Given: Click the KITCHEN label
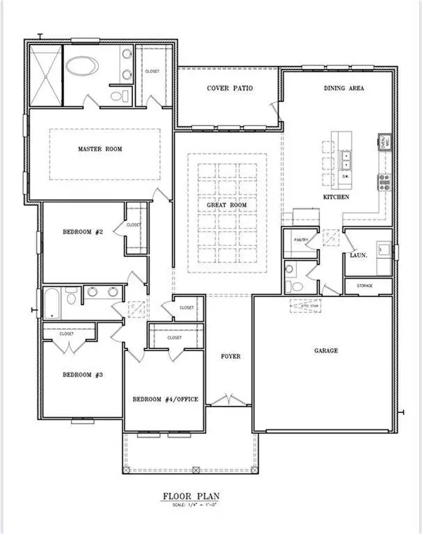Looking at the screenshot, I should (335, 198).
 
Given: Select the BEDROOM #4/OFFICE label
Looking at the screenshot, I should (165, 400).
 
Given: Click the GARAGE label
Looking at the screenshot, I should (326, 350).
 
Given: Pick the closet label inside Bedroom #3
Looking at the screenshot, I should (67, 333).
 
